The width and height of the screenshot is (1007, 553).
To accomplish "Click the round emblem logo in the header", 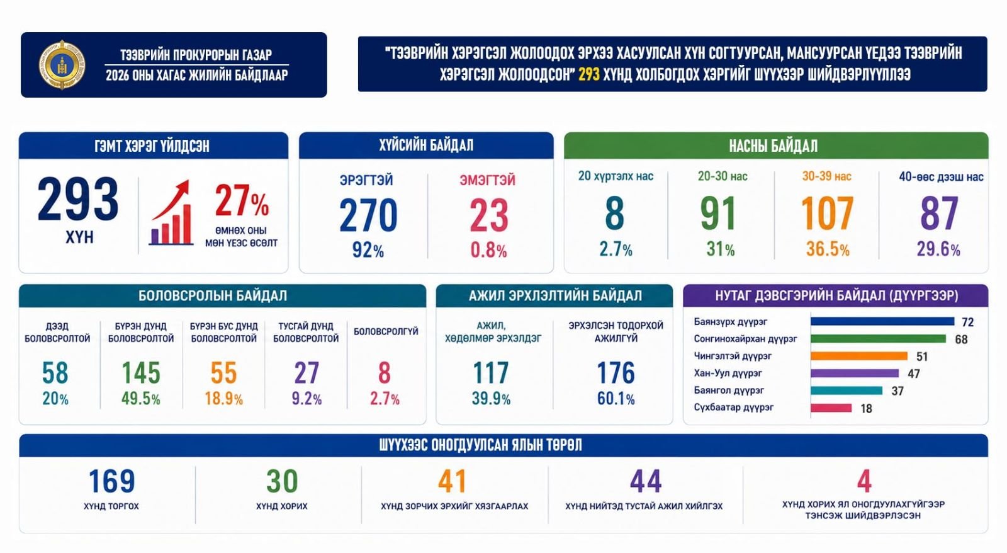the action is (x=62, y=65).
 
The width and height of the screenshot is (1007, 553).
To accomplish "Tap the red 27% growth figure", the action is (x=242, y=200).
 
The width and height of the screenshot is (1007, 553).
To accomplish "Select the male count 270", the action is (x=368, y=215).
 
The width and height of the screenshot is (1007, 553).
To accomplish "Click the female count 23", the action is (x=488, y=215).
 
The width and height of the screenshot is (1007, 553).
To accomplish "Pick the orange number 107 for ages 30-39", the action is (x=827, y=213).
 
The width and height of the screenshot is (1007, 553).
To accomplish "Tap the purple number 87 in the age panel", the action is (x=939, y=213).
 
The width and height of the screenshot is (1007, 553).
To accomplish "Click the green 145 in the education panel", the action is (x=141, y=373).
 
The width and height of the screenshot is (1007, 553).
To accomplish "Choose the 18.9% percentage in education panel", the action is (x=223, y=399).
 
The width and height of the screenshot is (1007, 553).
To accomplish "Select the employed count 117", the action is (x=490, y=373).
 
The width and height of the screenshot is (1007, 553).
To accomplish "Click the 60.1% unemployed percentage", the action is (x=616, y=399).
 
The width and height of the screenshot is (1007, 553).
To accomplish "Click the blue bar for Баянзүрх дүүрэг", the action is (x=882, y=321).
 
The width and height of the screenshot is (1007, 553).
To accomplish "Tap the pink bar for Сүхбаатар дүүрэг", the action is (x=831, y=408).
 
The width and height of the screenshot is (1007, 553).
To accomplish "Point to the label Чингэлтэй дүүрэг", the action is (x=733, y=356).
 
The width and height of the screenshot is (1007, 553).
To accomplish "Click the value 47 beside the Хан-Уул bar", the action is (x=914, y=373).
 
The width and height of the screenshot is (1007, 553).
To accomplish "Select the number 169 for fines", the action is (x=111, y=481).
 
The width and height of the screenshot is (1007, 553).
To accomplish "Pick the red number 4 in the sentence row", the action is (x=864, y=481).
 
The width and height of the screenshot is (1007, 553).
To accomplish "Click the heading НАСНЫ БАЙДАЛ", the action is (x=774, y=145).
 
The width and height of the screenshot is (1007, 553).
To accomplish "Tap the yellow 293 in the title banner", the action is (x=589, y=74).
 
